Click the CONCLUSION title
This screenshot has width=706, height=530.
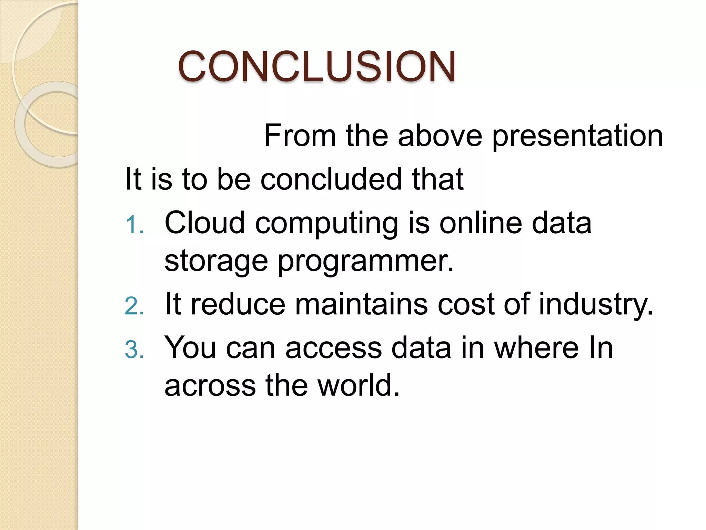tap(316, 66)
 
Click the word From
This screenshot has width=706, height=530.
tap(300, 136)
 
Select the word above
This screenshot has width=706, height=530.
tap(440, 136)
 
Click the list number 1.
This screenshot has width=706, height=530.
tap(134, 225)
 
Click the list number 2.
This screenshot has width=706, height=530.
tap(134, 306)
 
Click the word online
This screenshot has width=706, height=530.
tap(481, 223)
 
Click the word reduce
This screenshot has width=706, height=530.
tap(238, 304)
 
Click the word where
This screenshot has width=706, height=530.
tap(536, 347)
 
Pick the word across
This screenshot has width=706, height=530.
tap(210, 386)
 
